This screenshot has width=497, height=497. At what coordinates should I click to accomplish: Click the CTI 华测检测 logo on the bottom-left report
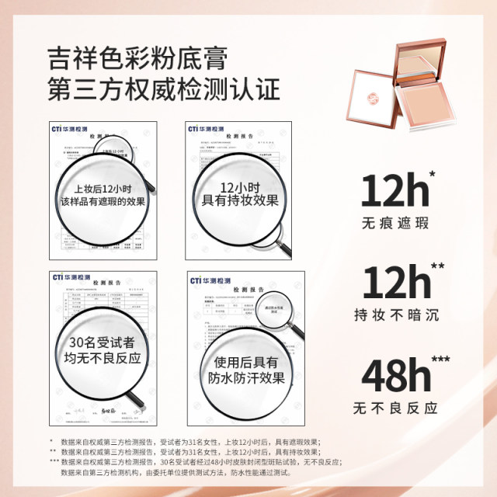point(71,275)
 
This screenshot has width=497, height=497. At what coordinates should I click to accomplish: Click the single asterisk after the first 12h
point(432,174)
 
